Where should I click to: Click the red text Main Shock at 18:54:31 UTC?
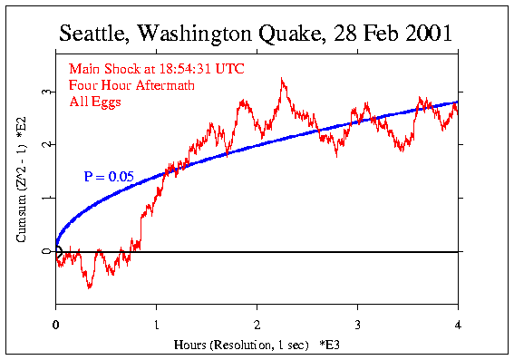(156, 69)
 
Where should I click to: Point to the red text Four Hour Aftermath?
(126, 85)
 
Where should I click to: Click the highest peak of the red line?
(283, 79)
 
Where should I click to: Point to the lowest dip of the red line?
(89, 287)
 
